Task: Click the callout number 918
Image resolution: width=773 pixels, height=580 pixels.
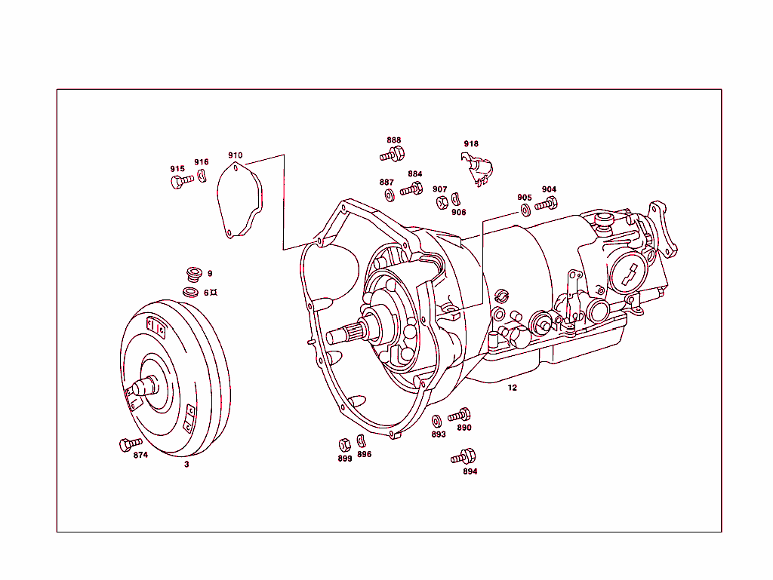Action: click(x=471, y=144)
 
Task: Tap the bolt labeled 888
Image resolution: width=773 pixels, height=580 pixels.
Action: click(x=393, y=155)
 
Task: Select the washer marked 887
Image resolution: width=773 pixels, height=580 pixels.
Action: click(x=389, y=195)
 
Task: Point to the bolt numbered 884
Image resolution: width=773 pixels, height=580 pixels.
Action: click(x=412, y=189)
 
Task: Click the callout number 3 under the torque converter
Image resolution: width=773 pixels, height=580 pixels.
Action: click(x=186, y=465)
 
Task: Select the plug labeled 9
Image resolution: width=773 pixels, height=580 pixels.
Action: click(x=192, y=274)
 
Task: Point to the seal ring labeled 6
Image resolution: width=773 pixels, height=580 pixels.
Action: click(x=192, y=292)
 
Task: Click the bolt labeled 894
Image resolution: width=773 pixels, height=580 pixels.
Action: click(x=463, y=457)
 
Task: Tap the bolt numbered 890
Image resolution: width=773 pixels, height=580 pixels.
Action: click(x=460, y=415)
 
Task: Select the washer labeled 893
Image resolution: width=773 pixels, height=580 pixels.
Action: click(x=436, y=420)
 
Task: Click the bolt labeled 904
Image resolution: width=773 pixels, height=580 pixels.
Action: click(x=547, y=203)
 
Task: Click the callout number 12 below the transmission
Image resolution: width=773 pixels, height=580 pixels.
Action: click(x=513, y=388)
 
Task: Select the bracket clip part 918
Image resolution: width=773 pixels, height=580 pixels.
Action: click(x=477, y=168)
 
